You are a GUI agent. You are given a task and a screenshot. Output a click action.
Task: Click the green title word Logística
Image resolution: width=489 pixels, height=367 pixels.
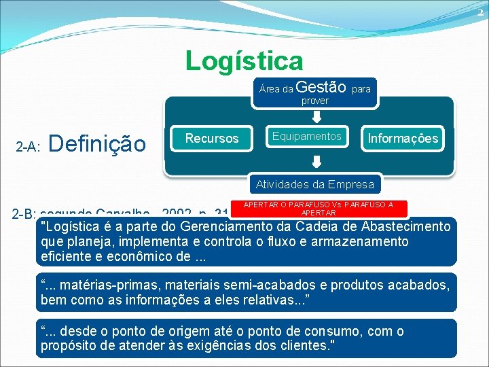pos(244,61)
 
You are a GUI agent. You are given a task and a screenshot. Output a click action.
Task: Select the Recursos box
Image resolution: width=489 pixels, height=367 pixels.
pos(212,138)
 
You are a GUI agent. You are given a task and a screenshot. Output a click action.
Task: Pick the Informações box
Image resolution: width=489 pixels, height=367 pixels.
pos(403,139)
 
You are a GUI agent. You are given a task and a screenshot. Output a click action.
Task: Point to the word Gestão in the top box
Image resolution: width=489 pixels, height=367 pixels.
pos(322,87)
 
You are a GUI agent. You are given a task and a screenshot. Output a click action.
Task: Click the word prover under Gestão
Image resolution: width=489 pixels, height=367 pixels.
pos(314,101)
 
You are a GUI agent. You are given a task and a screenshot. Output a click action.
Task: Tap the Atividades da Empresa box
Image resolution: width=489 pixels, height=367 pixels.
pos(314,184)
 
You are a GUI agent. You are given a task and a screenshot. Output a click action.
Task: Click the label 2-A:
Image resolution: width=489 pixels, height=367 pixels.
pos(29,146)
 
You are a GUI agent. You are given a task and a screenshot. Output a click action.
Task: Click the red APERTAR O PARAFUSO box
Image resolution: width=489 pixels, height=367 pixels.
pos(319,208)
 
